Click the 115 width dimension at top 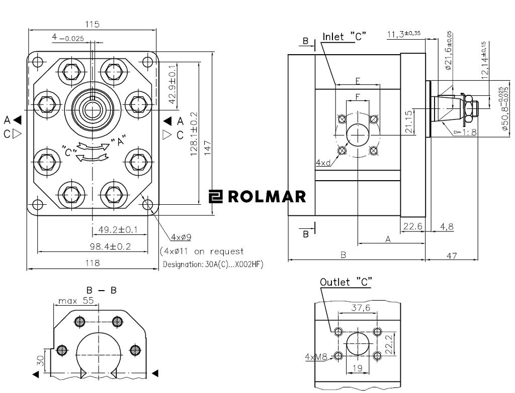[x=93, y=24]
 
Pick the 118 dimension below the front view [x=93, y=263]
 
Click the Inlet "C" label [x=344, y=37]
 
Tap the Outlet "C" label [x=346, y=282]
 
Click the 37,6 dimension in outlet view [x=361, y=308]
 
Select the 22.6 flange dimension [x=413, y=227]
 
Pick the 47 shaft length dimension [x=452, y=255]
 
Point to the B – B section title [x=101, y=290]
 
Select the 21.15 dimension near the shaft [x=408, y=121]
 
